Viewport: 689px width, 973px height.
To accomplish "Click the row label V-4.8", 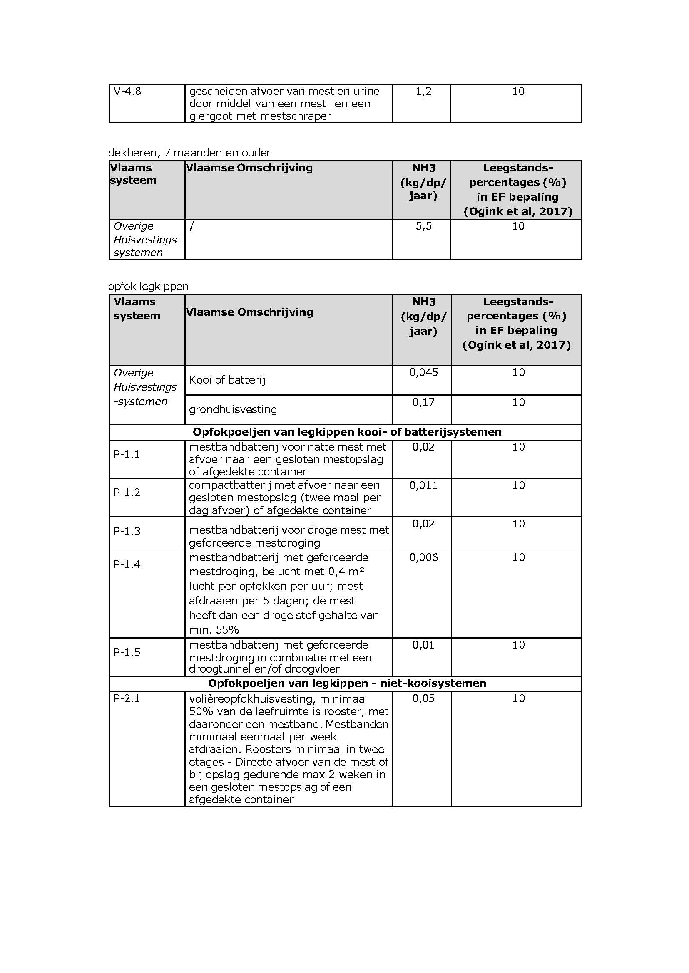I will click(x=127, y=91).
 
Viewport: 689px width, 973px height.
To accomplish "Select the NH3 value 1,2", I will click(x=423, y=91).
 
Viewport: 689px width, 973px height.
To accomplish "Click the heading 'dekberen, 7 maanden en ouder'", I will click(x=190, y=153).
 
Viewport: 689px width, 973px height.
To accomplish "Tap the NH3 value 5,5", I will click(x=423, y=226).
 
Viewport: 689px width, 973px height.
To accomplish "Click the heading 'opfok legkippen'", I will click(x=149, y=286).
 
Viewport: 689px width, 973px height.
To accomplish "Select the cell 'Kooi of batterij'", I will click(x=227, y=379).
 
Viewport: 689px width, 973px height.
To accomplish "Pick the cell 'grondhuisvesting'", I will click(x=232, y=409).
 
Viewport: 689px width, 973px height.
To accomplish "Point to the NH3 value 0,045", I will click(x=423, y=372).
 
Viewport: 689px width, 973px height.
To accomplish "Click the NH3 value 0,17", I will click(x=423, y=402).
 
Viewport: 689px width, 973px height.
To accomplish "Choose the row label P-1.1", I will click(x=127, y=454).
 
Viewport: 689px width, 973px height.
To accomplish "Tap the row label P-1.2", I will click(x=127, y=492).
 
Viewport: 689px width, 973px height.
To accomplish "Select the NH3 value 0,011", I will click(x=423, y=485).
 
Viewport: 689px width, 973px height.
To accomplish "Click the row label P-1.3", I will click(x=127, y=531).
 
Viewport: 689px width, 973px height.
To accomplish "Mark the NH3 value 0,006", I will click(x=423, y=557).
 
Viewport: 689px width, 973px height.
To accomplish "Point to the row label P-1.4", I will click(x=127, y=564).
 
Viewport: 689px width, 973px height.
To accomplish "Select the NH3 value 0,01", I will click(x=423, y=645).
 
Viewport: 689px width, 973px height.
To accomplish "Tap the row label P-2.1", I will click(x=127, y=698).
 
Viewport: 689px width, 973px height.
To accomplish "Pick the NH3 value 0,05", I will click(x=423, y=698).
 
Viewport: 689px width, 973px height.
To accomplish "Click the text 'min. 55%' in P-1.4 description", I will click(x=214, y=629).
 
